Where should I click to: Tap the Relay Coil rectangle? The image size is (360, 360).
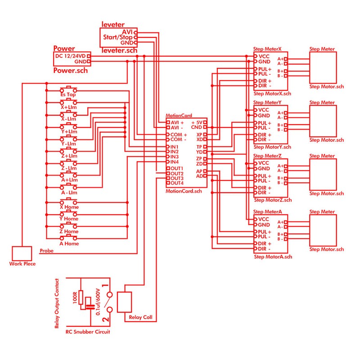tap(125, 301)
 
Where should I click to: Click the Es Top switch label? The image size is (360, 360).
tap(68, 95)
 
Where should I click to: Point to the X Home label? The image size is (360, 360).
tap(69, 207)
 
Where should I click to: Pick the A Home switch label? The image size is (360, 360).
tap(69, 243)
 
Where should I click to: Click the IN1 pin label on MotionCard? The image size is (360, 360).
tap(175, 147)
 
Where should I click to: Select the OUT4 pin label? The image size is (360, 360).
tap(176, 183)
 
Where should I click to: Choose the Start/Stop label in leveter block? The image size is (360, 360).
tap(118, 37)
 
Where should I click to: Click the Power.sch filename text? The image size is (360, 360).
tap(70, 70)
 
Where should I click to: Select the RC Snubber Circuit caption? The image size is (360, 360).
tap(88, 332)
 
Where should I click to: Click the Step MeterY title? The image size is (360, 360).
tap(267, 103)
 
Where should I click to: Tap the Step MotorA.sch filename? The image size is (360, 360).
tap(273, 257)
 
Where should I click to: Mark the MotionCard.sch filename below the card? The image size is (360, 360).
tap(184, 191)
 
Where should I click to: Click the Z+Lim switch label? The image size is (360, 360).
tap(69, 156)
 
